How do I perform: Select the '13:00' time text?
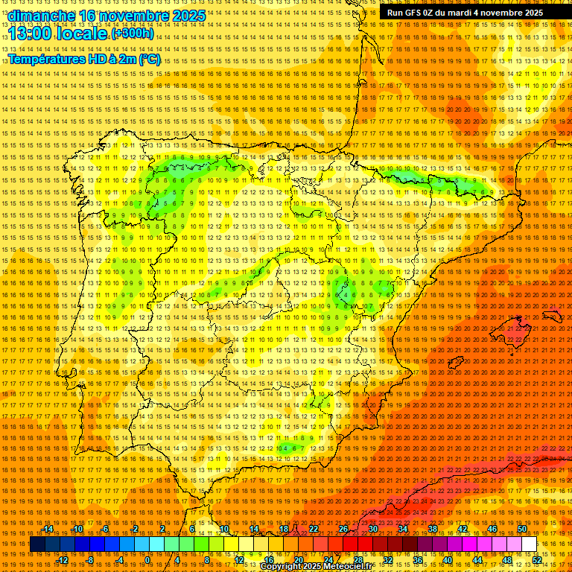[34, 34]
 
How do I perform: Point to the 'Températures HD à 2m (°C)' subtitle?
[84, 59]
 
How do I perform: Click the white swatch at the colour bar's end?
[530, 544]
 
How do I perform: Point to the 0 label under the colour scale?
[147, 560]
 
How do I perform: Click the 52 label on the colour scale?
[537, 560]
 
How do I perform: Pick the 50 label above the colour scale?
[522, 529]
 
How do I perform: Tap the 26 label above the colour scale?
[343, 529]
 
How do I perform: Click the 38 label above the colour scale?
[433, 529]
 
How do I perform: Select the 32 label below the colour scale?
[387, 560]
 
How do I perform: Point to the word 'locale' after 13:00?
[83, 34]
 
